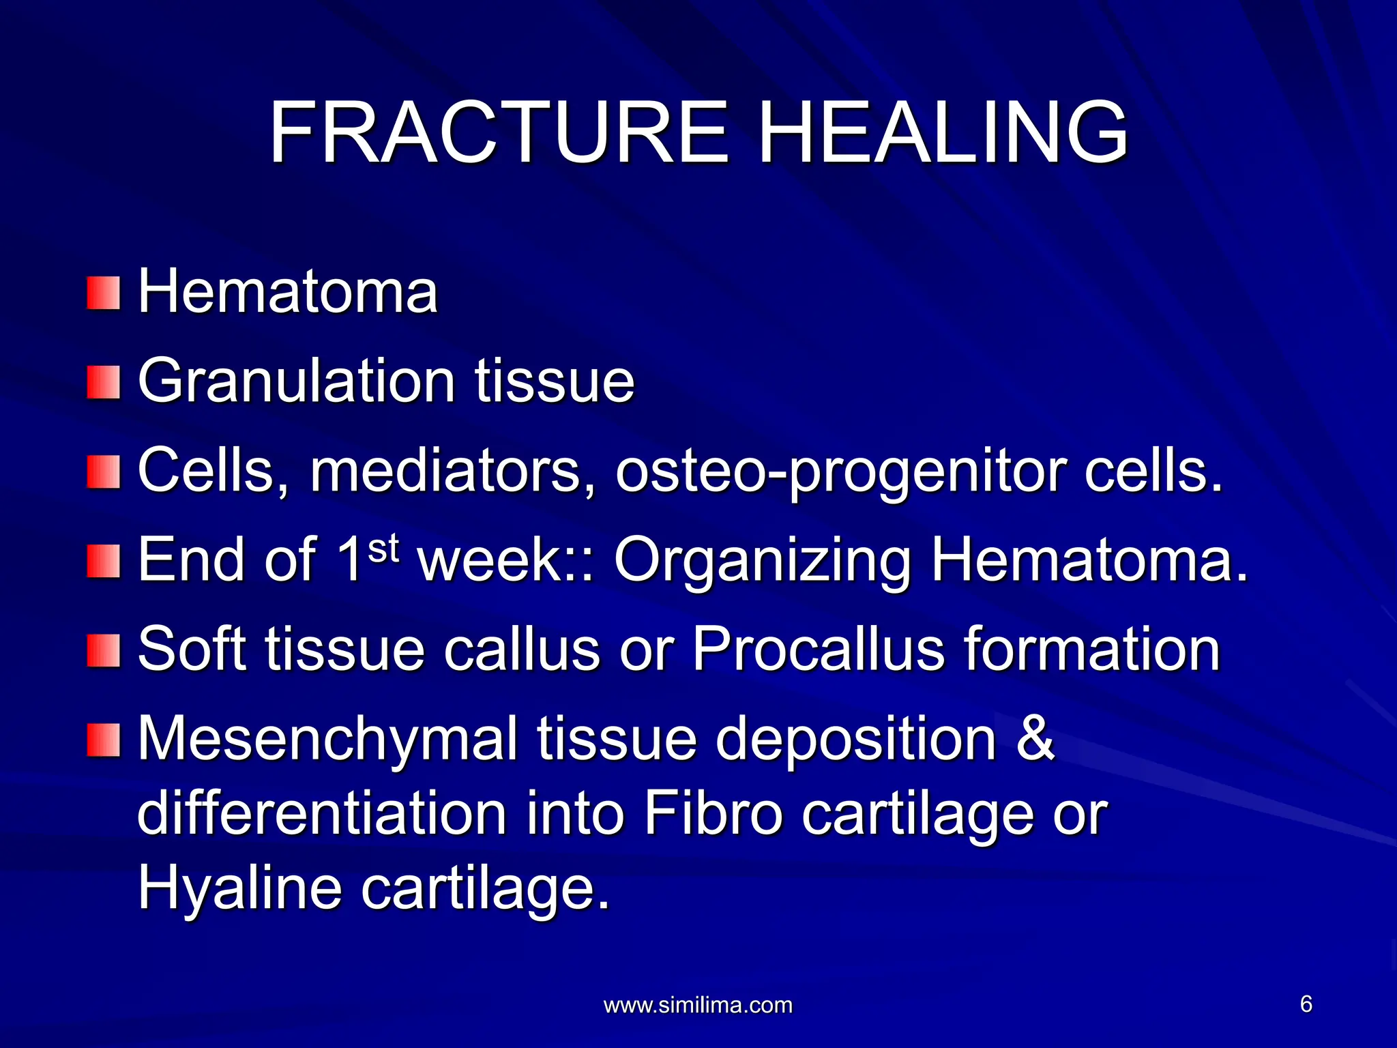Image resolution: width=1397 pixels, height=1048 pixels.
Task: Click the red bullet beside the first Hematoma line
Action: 104,293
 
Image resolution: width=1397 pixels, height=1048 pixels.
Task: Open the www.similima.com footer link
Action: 698,1005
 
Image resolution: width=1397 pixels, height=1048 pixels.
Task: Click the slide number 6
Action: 1306,1004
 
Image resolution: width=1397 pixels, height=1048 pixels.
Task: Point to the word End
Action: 192,561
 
